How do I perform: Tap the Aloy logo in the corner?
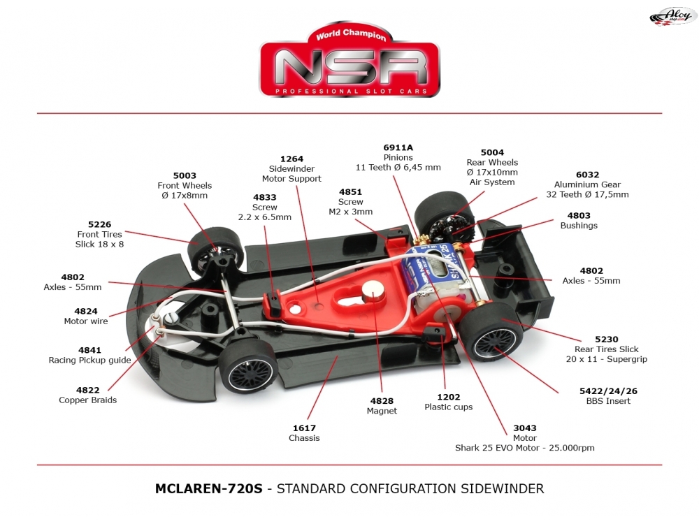pyautogui.click(x=669, y=15)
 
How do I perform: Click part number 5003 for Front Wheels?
pyautogui.click(x=185, y=176)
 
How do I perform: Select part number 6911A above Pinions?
pyautogui.click(x=398, y=147)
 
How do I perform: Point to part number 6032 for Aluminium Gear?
pyautogui.click(x=587, y=175)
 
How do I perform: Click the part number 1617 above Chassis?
pyautogui.click(x=304, y=428)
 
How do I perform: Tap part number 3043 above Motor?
pyautogui.click(x=524, y=428)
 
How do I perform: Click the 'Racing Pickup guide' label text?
pyautogui.click(x=89, y=361)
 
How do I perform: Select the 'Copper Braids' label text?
pyautogui.click(x=88, y=400)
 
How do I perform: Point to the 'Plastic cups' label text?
pyautogui.click(x=449, y=407)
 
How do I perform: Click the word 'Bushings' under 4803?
pyautogui.click(x=579, y=226)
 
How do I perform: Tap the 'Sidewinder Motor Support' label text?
pyautogui.click(x=291, y=174)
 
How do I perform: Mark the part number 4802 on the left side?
pyautogui.click(x=73, y=277)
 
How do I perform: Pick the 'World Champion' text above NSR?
pyautogui.click(x=350, y=35)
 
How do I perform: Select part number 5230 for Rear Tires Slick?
pyautogui.click(x=606, y=340)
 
